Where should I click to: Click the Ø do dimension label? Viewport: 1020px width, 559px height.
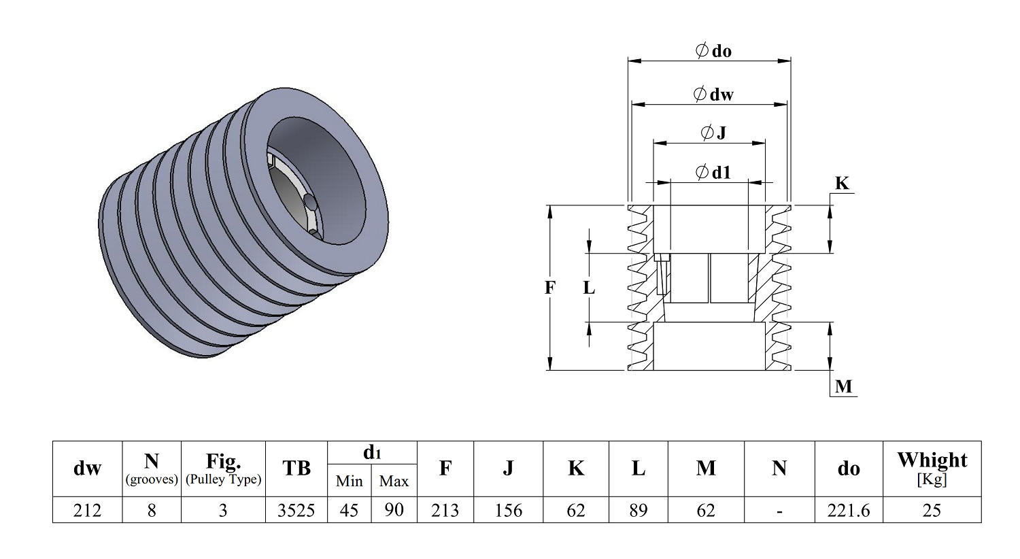point(713,50)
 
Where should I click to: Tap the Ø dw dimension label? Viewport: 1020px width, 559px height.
point(713,95)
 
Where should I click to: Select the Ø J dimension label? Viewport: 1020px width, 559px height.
point(713,133)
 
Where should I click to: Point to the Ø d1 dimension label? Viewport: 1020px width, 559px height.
point(713,172)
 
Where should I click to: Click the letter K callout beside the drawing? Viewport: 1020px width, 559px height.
point(842,183)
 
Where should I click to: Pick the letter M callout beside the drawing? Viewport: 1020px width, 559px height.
point(843,386)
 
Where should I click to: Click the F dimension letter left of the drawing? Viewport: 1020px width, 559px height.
point(550,288)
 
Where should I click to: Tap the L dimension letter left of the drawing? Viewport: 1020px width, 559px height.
point(590,288)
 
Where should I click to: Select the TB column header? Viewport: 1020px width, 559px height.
point(296,468)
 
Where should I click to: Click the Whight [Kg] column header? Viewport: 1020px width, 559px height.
point(932,469)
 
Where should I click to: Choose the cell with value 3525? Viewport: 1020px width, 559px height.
point(296,510)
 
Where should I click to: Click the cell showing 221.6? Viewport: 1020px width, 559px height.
point(849,510)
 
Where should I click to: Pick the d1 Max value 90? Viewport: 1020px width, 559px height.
point(394,510)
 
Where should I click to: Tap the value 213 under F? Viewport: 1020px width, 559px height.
point(445,510)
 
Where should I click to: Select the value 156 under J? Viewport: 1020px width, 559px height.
point(509,510)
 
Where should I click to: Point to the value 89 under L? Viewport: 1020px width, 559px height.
point(639,510)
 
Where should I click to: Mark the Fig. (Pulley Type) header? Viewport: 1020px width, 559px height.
point(224,469)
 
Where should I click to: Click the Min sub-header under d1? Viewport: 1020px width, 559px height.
point(350,481)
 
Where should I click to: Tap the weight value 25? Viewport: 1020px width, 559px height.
point(932,510)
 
